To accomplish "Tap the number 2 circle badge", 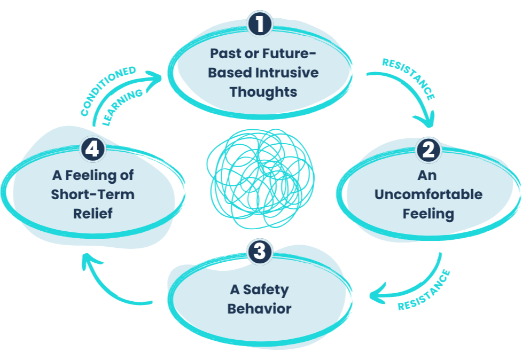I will pos(428,150).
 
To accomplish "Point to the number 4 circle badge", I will pos(92,150).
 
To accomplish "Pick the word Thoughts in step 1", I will pos(263,92).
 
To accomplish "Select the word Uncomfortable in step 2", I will pos(428,194).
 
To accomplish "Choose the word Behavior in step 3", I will pos(259,309).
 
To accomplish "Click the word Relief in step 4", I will pos(92,213).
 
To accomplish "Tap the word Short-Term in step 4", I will pos(92,194).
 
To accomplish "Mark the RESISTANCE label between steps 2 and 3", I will pos(425,291).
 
